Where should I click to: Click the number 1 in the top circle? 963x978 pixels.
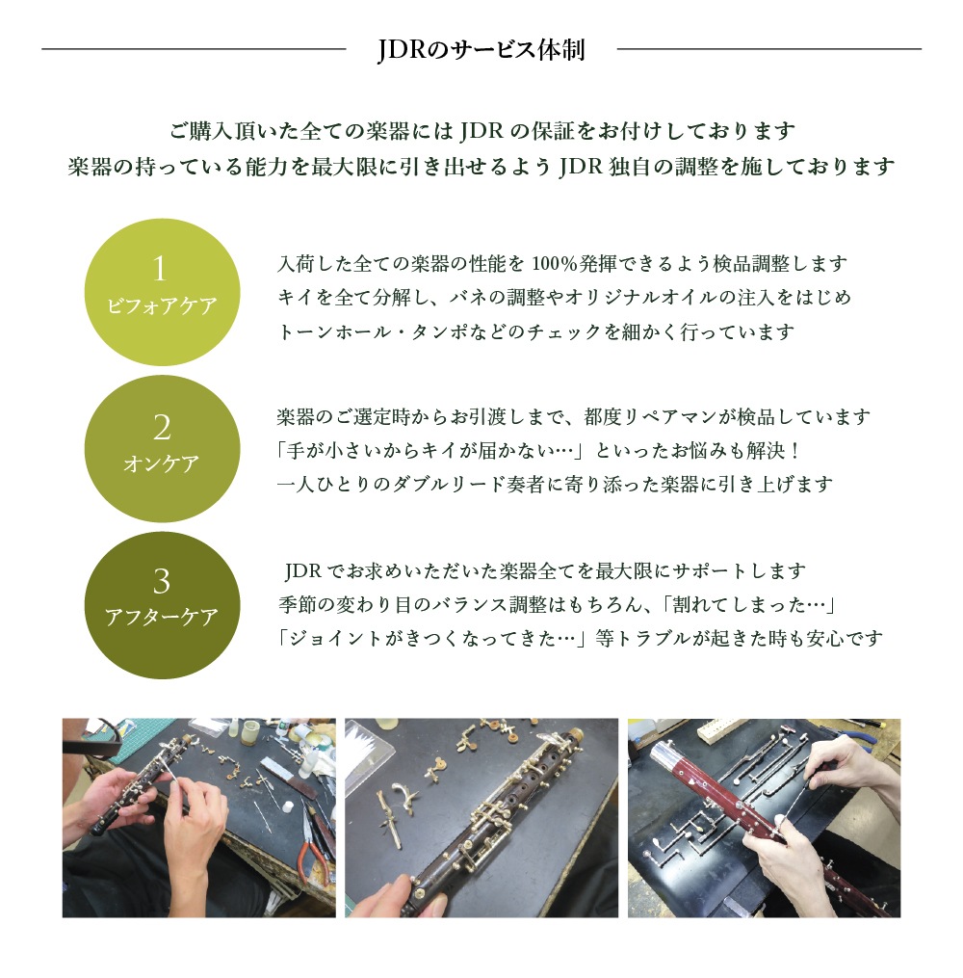162,269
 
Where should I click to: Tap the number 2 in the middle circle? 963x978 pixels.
162,427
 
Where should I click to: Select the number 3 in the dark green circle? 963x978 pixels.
162,581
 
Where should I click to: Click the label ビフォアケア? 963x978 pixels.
162,305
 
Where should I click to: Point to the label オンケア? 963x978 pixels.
162,463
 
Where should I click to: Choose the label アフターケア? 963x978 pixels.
162,618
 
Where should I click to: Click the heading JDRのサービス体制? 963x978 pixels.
481,49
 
